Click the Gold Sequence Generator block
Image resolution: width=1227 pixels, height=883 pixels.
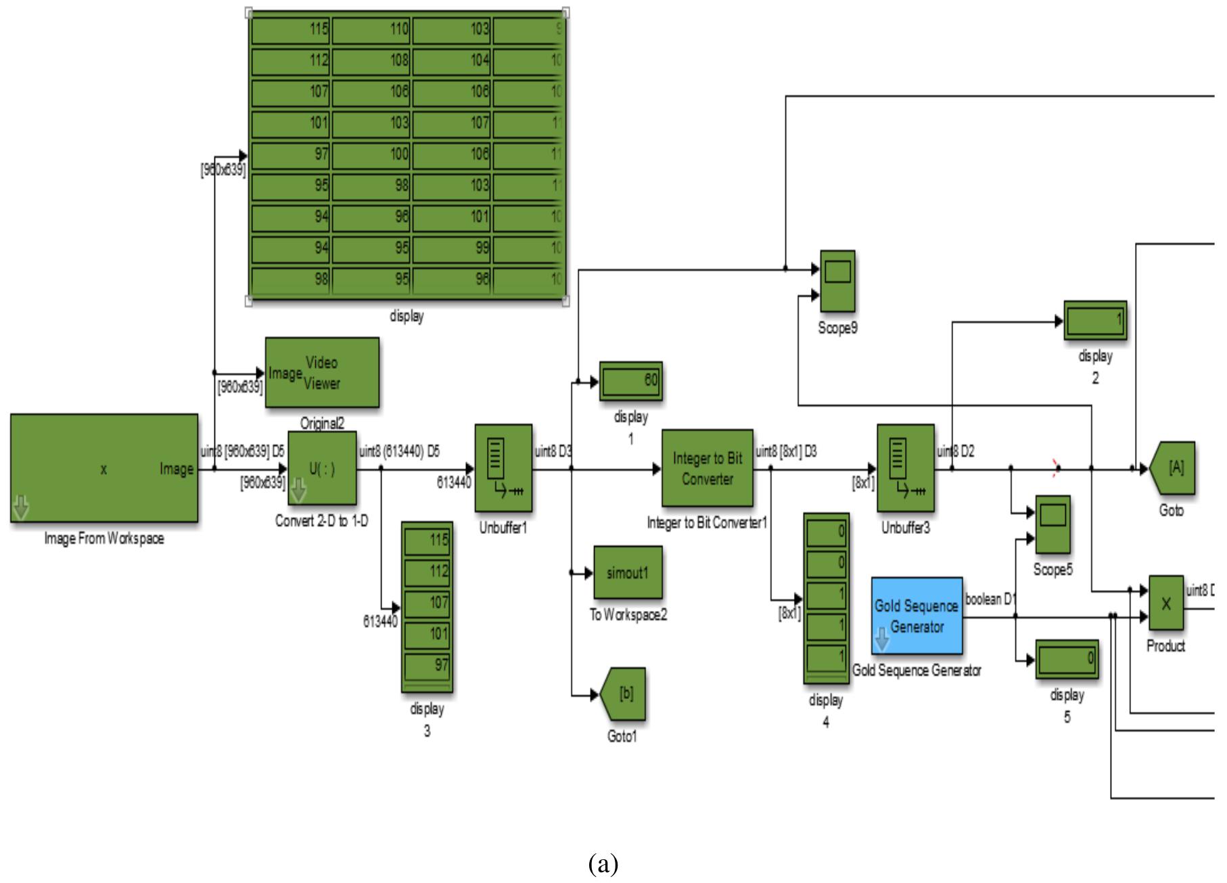point(917,616)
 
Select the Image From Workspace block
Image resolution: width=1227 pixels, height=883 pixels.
point(104,468)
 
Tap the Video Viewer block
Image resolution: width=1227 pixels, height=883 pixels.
point(321,373)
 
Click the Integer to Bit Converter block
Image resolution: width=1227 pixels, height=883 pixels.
point(707,468)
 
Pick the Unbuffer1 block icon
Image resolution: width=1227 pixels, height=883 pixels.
point(503,468)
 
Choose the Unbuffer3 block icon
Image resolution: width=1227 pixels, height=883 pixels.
point(905,468)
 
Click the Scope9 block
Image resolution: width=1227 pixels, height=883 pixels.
point(837,281)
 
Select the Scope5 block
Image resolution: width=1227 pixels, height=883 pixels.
point(1052,526)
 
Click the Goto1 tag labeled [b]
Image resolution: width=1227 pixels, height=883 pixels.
point(624,694)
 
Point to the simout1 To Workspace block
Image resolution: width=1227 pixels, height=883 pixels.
point(628,572)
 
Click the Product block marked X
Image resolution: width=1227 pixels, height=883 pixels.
point(1165,603)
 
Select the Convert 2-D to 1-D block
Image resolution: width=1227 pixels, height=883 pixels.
point(322,468)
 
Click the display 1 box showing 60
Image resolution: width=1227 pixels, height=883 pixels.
point(631,382)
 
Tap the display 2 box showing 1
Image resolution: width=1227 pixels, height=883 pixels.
point(1095,320)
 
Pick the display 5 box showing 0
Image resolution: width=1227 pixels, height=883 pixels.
point(1067,659)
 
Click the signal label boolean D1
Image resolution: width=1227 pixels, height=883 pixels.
point(990,599)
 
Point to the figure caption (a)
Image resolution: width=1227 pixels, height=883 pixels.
point(603,864)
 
